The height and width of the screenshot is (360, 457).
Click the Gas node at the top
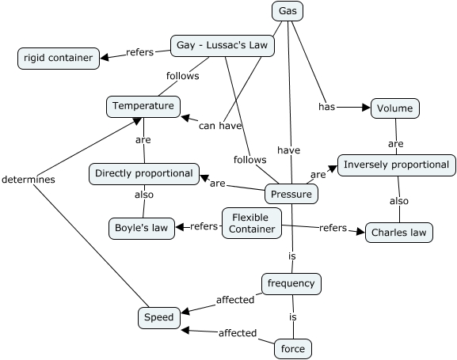click(x=288, y=11)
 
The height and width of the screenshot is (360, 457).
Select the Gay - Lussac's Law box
click(x=223, y=46)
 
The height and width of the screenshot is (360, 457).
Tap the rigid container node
click(x=58, y=58)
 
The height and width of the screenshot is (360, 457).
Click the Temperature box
click(x=143, y=106)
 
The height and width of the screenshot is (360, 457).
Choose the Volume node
click(x=394, y=108)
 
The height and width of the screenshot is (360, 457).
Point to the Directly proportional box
click(x=143, y=173)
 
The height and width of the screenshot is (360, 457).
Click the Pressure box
click(x=291, y=194)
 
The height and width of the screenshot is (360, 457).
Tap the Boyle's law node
click(x=141, y=228)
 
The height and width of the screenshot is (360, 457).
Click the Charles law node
click(x=399, y=233)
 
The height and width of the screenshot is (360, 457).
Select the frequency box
click(x=291, y=283)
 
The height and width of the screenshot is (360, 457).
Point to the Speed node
click(x=158, y=317)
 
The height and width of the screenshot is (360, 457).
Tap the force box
click(x=292, y=348)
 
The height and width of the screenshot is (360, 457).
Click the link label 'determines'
click(x=28, y=180)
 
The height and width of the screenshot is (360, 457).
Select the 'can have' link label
click(x=219, y=125)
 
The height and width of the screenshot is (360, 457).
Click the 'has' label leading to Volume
click(x=327, y=106)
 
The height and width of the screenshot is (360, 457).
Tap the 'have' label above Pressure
click(x=288, y=150)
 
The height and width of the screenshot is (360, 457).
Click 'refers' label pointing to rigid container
click(x=139, y=52)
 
